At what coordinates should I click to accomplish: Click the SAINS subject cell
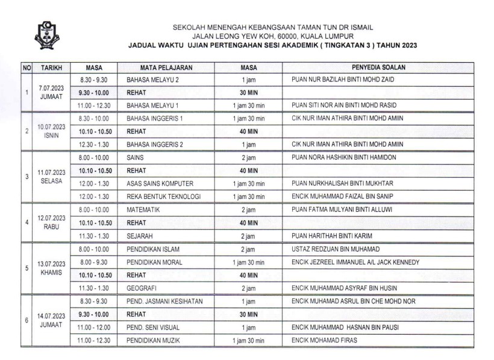click(136, 157)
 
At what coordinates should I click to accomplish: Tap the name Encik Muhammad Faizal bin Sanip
click(346, 197)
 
